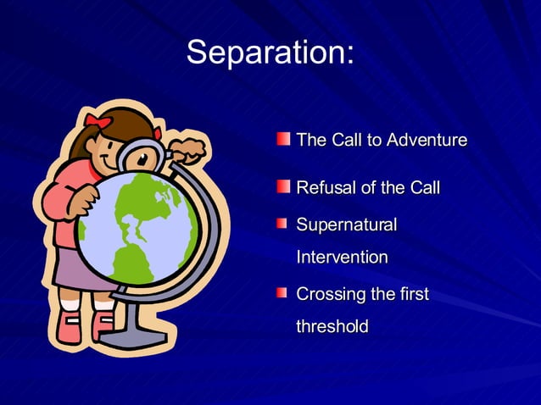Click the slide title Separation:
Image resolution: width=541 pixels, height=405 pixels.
click(x=270, y=53)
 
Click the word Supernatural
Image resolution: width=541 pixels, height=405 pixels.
click(x=346, y=225)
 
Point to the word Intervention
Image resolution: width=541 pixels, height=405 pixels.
click(x=342, y=257)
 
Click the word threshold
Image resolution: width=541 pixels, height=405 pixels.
click(x=332, y=326)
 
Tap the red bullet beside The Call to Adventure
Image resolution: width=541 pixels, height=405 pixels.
click(x=282, y=138)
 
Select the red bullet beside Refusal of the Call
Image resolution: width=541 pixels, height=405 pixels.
click(x=282, y=186)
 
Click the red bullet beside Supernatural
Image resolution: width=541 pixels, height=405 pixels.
click(x=282, y=224)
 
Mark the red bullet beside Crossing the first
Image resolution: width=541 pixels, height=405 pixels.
click(x=282, y=293)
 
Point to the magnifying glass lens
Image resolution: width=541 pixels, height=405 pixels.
click(x=142, y=158)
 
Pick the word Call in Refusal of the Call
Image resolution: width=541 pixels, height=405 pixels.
click(x=423, y=187)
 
